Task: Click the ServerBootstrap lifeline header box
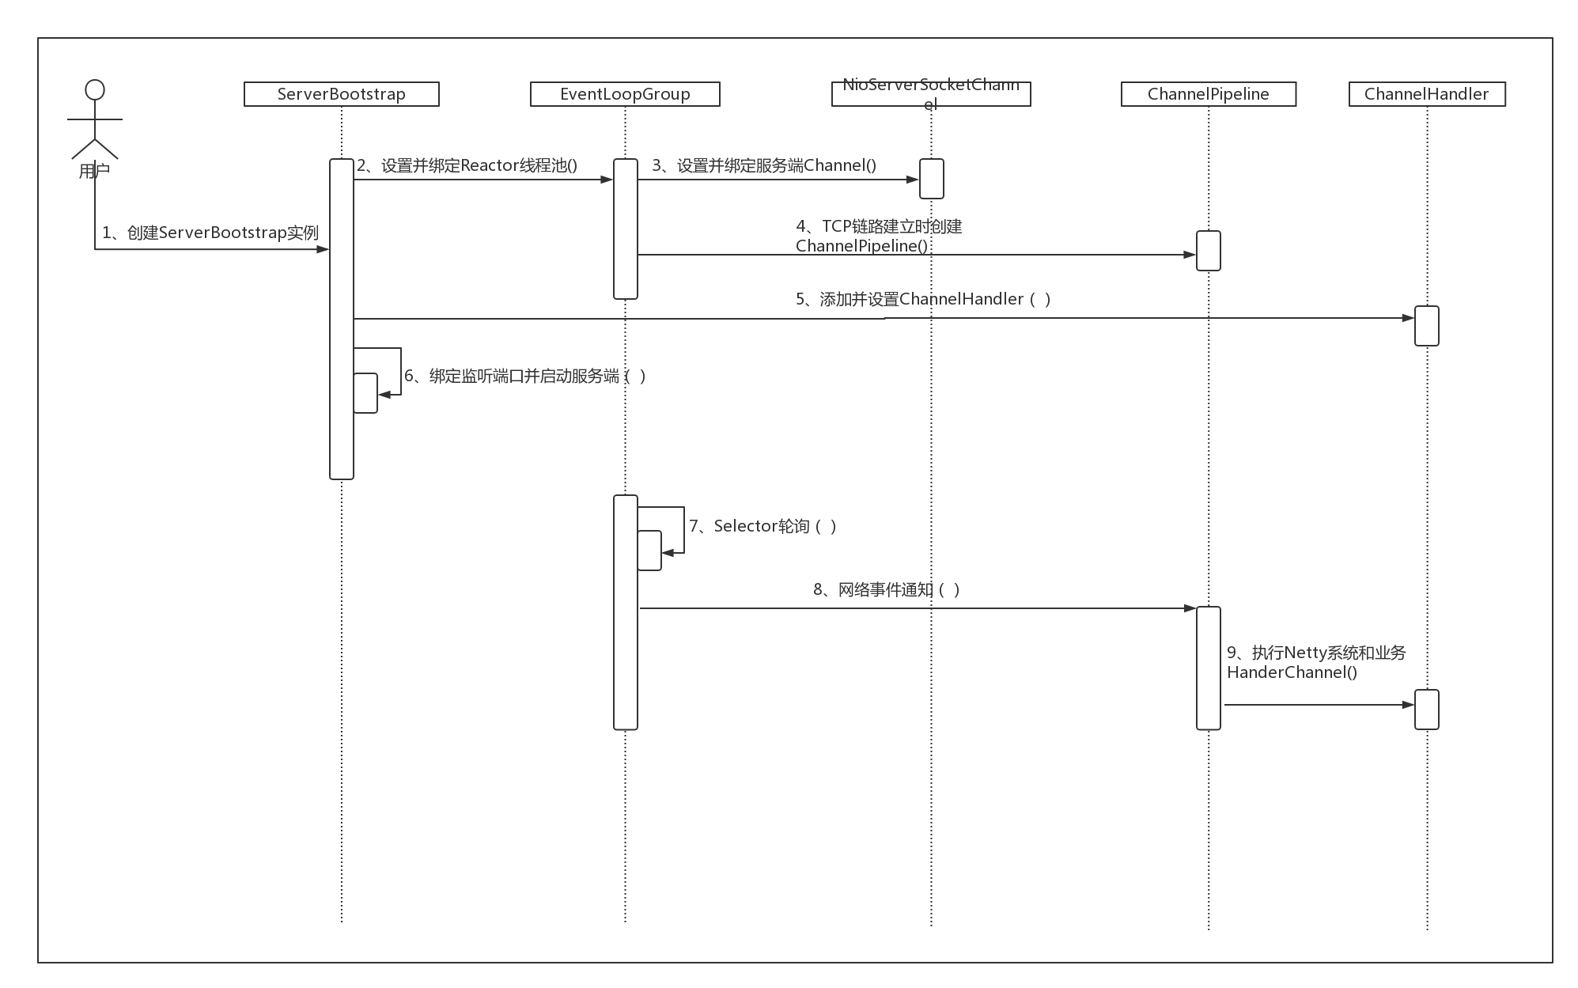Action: click(341, 94)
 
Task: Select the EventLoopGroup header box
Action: click(625, 94)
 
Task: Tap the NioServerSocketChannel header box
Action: click(931, 94)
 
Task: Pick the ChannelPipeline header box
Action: click(1208, 94)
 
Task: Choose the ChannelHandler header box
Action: click(1426, 94)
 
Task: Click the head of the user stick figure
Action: click(95, 89)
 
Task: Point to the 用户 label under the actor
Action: click(94, 171)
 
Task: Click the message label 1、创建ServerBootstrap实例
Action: click(210, 233)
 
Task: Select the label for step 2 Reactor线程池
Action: click(467, 165)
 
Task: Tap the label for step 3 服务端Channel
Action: click(764, 165)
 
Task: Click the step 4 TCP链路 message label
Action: click(879, 236)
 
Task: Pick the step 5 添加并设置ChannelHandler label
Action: click(923, 299)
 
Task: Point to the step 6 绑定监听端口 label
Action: click(525, 376)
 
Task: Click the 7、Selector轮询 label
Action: click(763, 526)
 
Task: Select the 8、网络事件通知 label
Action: click(887, 589)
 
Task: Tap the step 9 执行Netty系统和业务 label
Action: click(1316, 662)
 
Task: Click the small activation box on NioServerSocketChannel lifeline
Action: click(931, 178)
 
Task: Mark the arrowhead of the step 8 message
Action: click(1190, 608)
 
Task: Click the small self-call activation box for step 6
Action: click(365, 393)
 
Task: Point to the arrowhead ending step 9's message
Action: click(1408, 704)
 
